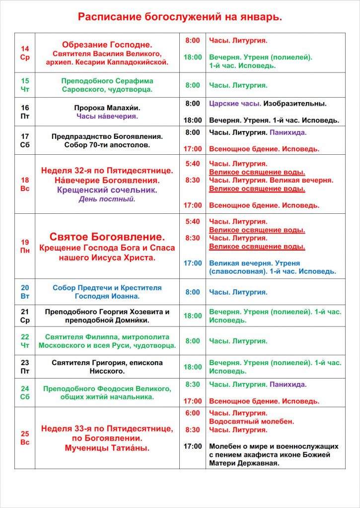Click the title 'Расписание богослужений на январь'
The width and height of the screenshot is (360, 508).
point(180,17)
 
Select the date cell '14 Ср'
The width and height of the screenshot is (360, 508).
point(25,53)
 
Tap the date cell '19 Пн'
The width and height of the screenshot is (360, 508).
point(25,246)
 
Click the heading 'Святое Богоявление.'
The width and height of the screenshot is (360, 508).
point(107,237)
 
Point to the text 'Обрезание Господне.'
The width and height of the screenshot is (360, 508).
point(107,44)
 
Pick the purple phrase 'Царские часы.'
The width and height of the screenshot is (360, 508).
point(235,104)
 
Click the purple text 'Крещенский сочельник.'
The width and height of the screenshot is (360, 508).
point(107,190)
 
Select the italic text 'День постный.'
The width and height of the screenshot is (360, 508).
point(107,199)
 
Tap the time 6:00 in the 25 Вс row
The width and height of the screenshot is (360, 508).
point(193,413)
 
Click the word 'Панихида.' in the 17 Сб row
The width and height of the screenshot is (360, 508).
point(288,132)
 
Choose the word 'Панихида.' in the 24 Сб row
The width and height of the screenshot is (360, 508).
point(288,384)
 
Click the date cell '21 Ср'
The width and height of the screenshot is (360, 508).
point(25,316)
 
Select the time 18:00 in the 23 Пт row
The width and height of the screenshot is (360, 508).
point(193,367)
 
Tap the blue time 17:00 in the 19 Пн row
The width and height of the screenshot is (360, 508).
point(193,263)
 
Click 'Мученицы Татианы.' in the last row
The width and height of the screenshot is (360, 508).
point(107,448)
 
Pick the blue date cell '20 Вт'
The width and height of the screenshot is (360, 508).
point(25,292)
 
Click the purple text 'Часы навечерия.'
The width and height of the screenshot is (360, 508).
point(107,116)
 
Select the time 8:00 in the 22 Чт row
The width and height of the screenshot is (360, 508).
point(193,341)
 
